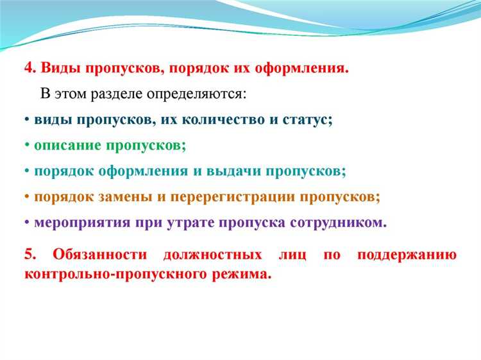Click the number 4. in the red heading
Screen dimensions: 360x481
click(30, 68)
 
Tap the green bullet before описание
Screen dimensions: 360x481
click(27, 146)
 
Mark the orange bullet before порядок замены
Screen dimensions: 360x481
click(27, 197)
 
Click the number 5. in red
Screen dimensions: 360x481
click(30, 254)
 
